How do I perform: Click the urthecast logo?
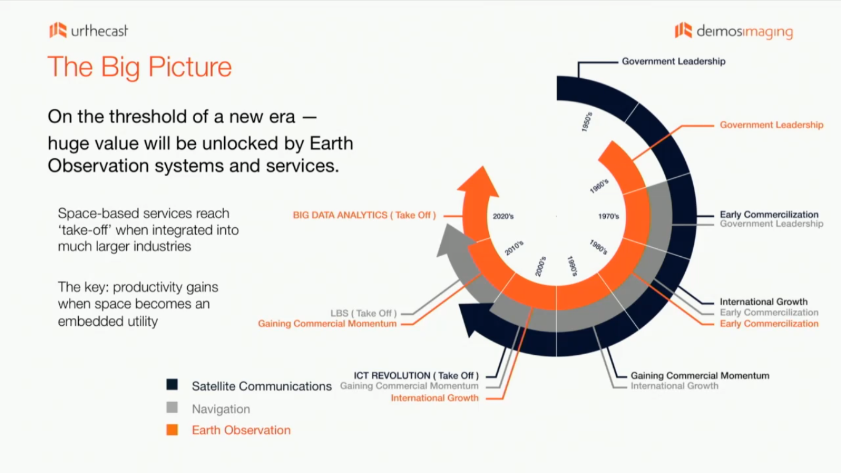[x=89, y=30]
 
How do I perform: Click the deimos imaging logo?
[x=734, y=31]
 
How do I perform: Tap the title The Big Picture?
[x=140, y=67]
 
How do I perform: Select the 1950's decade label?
[x=587, y=122]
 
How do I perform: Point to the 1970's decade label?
[x=608, y=216]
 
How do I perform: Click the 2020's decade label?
[x=503, y=216]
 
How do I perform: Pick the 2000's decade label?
[x=541, y=266]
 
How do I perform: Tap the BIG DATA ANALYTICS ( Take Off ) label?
[x=364, y=216]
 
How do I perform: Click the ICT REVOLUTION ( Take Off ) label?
[x=416, y=376]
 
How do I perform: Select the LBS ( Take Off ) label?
[x=363, y=313]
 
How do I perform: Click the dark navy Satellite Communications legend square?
[x=172, y=385]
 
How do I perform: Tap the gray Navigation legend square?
[x=172, y=408]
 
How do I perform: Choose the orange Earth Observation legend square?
[x=172, y=430]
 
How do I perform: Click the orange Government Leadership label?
[x=771, y=125]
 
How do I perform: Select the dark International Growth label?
[x=763, y=302]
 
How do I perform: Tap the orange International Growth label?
[x=435, y=398]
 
